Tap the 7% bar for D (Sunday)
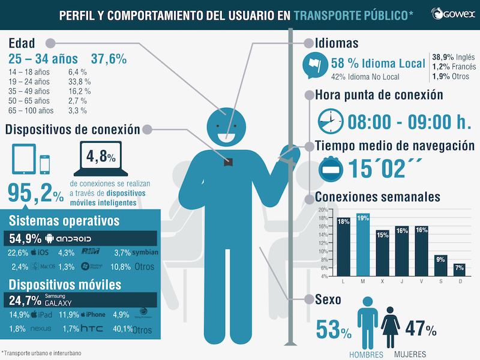click(x=459, y=269)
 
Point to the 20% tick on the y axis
click(x=322, y=210)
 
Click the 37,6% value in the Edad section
click(x=109, y=59)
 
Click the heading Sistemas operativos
click(x=62, y=221)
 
